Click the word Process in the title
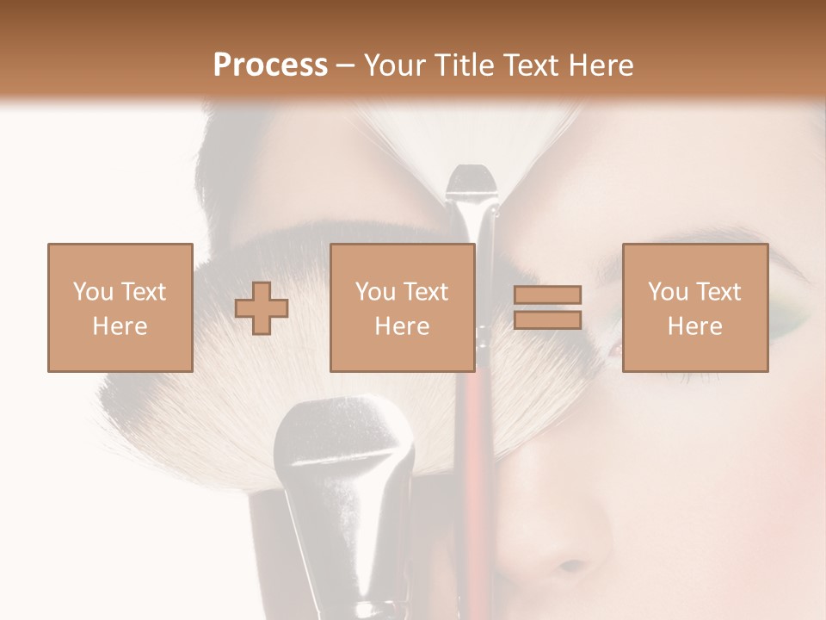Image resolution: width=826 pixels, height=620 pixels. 270,65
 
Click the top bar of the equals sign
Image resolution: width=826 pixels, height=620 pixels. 547,295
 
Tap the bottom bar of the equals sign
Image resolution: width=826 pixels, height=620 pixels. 547,320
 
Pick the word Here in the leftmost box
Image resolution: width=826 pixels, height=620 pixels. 120,326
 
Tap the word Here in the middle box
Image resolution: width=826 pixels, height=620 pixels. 402,326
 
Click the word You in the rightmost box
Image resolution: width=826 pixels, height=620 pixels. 668,292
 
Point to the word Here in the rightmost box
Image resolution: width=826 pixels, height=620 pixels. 694,326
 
